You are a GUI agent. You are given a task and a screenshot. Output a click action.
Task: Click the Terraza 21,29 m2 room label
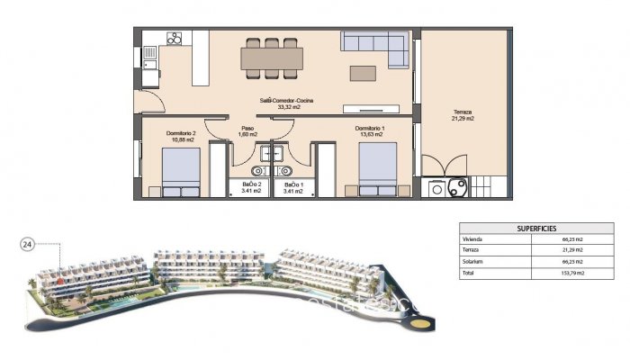tap(463, 113)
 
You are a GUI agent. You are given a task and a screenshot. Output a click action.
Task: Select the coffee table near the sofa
tap(364, 72)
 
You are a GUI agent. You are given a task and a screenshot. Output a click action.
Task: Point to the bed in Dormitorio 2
tap(181, 173)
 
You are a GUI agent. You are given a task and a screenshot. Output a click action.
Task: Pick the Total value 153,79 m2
tap(571, 272)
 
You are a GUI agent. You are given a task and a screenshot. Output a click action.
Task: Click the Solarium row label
tap(472, 262)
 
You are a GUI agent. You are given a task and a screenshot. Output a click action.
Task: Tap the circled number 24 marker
tap(27, 244)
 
